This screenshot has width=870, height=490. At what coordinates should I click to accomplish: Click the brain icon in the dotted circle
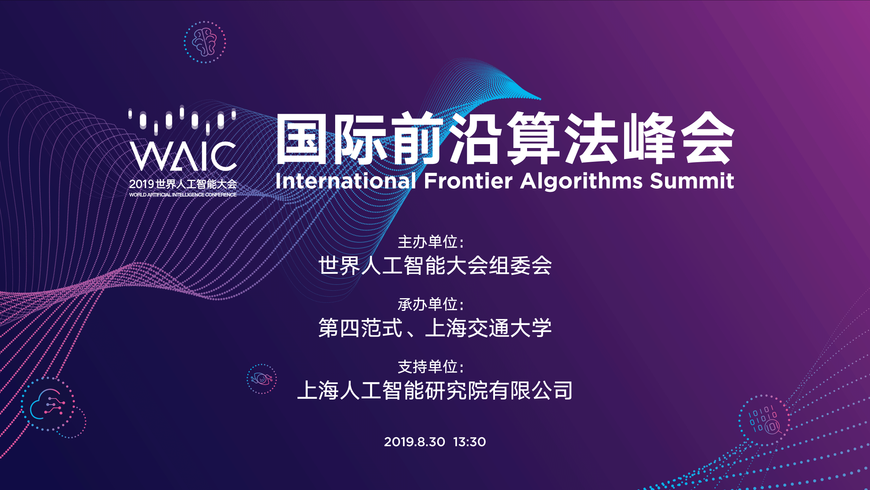(204, 42)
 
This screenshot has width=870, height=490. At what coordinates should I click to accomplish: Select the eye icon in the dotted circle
(261, 379)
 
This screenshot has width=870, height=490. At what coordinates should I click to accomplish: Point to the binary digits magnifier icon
(764, 420)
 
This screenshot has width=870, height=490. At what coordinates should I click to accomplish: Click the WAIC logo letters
(183, 156)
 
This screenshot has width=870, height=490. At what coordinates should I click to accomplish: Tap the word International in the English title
(346, 181)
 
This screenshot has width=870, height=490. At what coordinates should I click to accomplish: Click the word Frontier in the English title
(468, 181)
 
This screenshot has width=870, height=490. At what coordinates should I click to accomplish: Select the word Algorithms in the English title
(581, 182)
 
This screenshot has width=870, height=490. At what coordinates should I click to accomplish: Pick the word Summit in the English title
(692, 181)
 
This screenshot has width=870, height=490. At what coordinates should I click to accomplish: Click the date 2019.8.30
(415, 442)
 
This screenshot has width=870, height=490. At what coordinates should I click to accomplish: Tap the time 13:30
(470, 442)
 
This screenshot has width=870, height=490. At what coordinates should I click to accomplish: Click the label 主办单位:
(430, 242)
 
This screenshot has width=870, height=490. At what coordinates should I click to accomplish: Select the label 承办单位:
(430, 305)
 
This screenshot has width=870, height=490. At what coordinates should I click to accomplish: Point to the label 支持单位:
(430, 367)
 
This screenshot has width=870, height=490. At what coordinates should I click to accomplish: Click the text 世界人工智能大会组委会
(435, 265)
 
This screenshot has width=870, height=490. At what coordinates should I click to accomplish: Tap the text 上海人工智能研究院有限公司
(435, 390)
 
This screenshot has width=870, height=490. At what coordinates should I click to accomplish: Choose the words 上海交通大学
(488, 328)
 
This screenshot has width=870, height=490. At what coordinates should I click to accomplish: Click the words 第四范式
(361, 328)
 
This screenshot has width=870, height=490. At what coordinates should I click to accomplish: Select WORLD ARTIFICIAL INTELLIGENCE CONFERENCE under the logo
(183, 195)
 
